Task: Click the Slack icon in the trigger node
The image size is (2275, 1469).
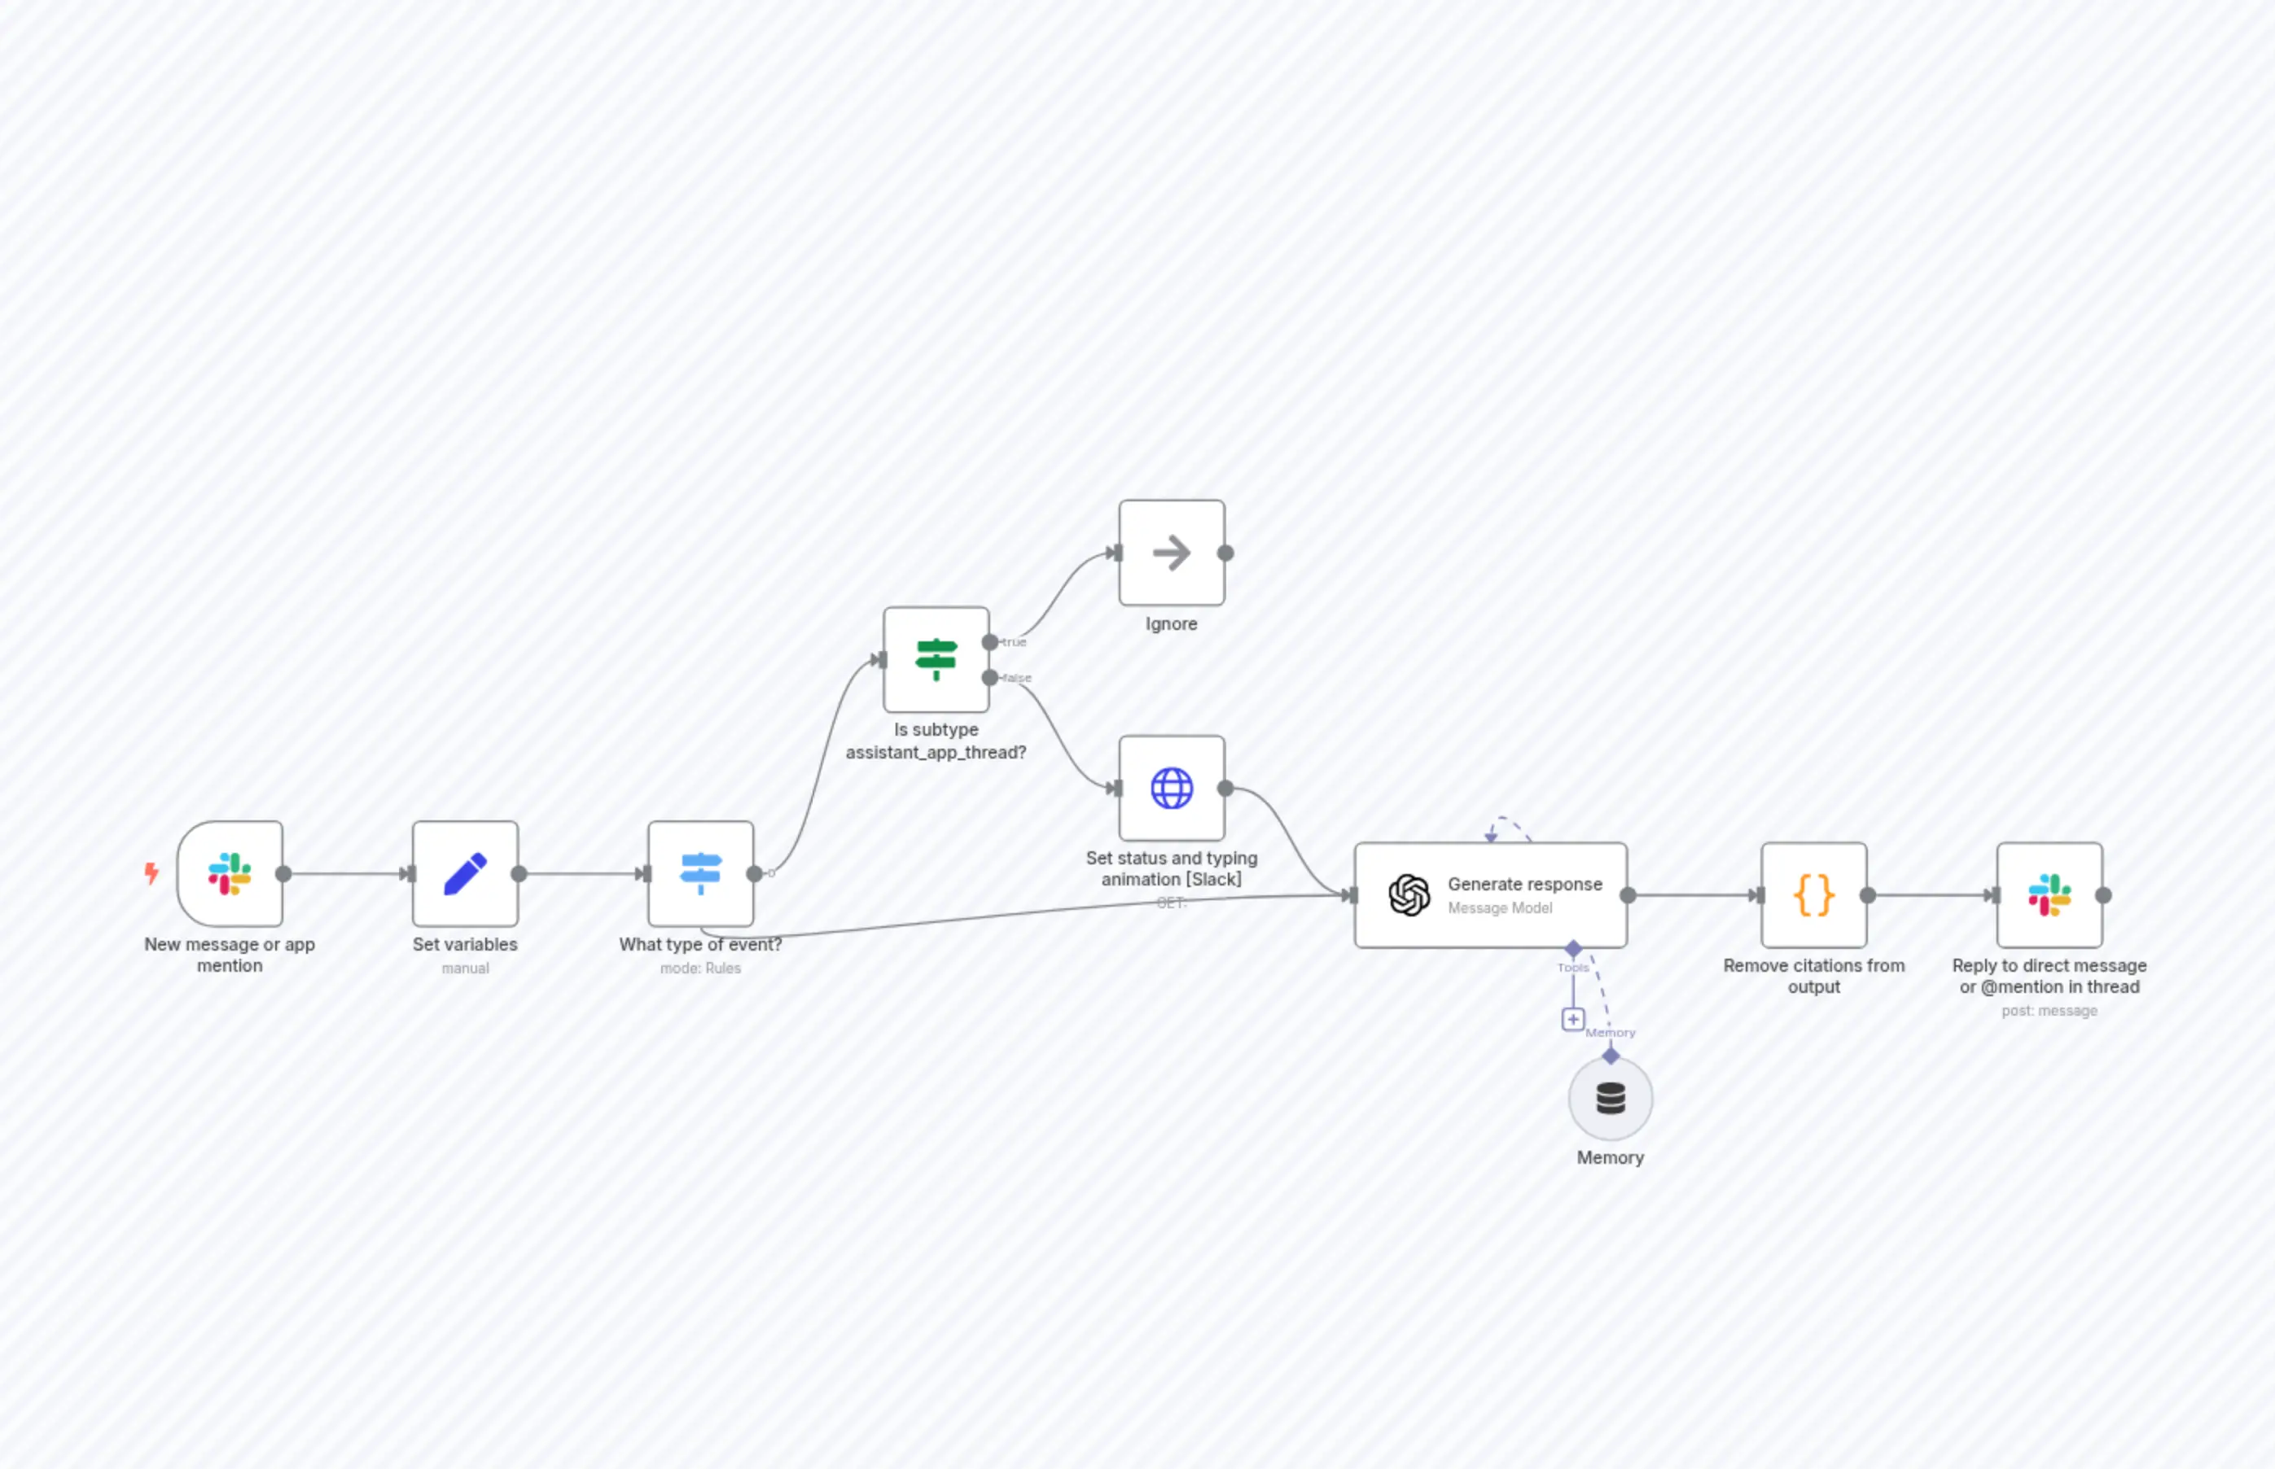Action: [229, 874]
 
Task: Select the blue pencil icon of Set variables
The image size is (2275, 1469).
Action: [465, 874]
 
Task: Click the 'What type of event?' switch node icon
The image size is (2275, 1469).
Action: [700, 874]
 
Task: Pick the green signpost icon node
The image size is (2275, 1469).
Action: [936, 659]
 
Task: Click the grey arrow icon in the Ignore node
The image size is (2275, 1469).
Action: [1171, 553]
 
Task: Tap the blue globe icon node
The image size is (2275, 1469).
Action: [1171, 788]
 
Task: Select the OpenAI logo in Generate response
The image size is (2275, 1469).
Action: [1409, 894]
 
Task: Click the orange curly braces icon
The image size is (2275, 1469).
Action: [1813, 894]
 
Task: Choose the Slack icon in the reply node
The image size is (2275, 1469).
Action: [2049, 894]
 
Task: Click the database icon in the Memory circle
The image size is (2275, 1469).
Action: [1610, 1098]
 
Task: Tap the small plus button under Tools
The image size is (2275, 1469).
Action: [1572, 1019]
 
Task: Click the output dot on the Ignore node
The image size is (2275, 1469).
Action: [1225, 553]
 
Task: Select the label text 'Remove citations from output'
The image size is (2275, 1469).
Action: [1813, 976]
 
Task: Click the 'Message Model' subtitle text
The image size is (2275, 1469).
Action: [1499, 908]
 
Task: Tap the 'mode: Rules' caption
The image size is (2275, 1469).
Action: [700, 968]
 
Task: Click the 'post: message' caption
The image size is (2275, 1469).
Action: [2049, 1010]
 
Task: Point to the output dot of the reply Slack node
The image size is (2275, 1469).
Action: [2103, 894]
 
